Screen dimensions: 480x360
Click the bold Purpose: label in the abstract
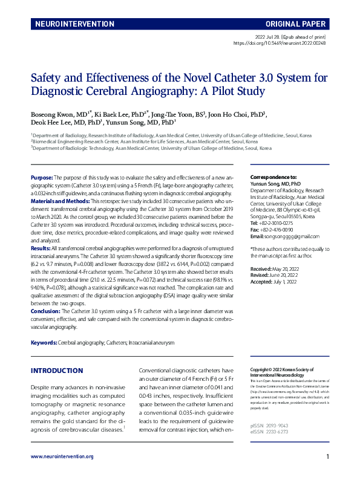(x=42, y=178)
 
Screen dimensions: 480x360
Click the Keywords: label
(x=44, y=343)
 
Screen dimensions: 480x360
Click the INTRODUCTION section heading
(x=57, y=371)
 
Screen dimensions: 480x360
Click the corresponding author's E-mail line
(x=276, y=236)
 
